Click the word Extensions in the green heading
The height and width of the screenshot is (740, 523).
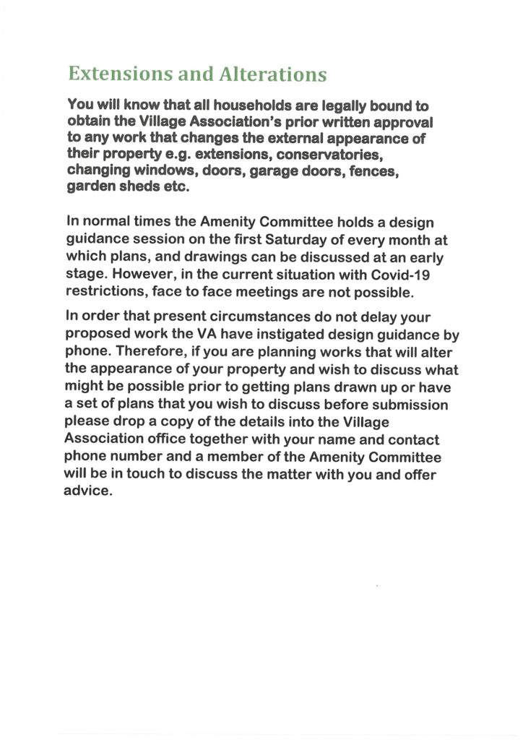113,74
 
